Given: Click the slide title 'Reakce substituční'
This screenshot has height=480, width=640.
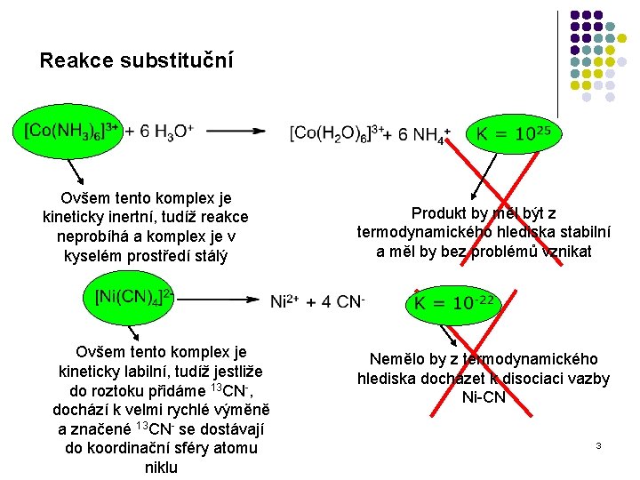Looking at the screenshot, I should tap(136, 60).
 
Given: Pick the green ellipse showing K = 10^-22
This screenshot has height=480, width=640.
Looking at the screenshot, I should tap(452, 302).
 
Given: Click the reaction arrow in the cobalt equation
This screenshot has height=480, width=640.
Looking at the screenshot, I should tap(235, 132).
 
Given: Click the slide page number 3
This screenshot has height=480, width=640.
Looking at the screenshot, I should tap(599, 444).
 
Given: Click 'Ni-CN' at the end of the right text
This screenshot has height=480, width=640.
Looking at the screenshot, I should tap(484, 397).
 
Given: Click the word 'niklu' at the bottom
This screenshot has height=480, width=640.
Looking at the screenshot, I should tap(161, 468).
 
